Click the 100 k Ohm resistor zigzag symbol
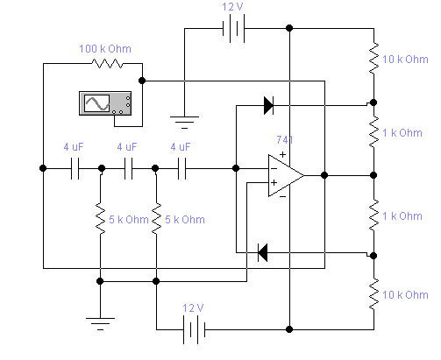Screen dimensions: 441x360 pyautogui.click(x=107, y=63)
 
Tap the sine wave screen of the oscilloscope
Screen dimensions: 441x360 pyautogui.click(x=96, y=103)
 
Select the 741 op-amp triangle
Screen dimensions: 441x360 pyautogui.click(x=286, y=175)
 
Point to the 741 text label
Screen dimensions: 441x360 pyautogui.click(x=285, y=140)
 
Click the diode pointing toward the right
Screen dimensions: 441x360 pyautogui.click(x=268, y=105)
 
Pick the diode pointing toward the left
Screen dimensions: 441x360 pyautogui.click(x=263, y=252)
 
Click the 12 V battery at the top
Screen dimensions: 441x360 pyautogui.click(x=233, y=29)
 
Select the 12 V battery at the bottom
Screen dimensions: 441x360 pyautogui.click(x=194, y=329)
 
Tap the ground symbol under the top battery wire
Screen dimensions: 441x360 pyautogui.click(x=184, y=123)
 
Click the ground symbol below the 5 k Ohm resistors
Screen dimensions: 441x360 pyautogui.click(x=100, y=324)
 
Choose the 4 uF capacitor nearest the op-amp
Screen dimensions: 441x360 pyautogui.click(x=181, y=168)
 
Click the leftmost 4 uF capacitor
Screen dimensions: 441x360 pyautogui.click(x=75, y=168)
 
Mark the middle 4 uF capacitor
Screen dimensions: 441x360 pyautogui.click(x=128, y=168)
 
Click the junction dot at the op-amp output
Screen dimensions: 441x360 pyautogui.click(x=324, y=175)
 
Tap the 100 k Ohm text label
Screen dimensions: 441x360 pyautogui.click(x=105, y=49)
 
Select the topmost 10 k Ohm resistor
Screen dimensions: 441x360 pyautogui.click(x=373, y=59)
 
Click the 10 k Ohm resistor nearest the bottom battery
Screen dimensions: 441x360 pyautogui.click(x=373, y=293)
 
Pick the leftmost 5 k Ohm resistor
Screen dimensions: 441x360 pyautogui.click(x=100, y=219)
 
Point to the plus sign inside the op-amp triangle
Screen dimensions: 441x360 pyautogui.click(x=274, y=183)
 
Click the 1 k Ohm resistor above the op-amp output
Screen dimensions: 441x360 pyautogui.click(x=373, y=132)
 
